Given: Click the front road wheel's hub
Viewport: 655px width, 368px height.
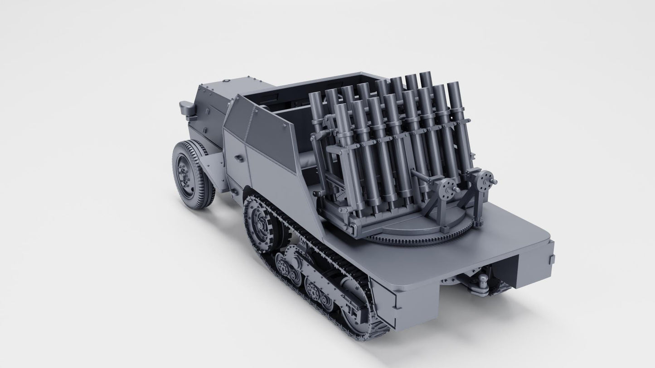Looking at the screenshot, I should (185, 174).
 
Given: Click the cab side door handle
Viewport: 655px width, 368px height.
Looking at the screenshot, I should (238, 158).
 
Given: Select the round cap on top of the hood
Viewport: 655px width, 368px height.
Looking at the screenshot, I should (225, 81).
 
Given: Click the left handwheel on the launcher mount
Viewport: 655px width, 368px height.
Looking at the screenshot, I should (449, 186).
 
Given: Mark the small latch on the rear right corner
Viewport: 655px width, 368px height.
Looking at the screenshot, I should (551, 259).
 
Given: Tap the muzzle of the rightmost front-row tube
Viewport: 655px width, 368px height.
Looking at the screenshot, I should (453, 85).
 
